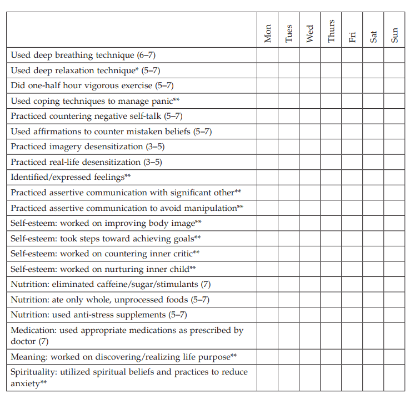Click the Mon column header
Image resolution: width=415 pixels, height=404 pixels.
(268, 33)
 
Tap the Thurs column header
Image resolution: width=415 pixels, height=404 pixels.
(331, 31)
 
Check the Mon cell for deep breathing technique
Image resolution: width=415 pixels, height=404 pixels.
(267, 55)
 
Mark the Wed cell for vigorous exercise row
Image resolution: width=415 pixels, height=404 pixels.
(309, 86)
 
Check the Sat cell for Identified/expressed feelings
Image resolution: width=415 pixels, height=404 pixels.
(373, 178)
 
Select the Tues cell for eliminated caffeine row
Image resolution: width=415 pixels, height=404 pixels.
(288, 285)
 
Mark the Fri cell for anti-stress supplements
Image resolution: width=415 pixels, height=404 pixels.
(352, 315)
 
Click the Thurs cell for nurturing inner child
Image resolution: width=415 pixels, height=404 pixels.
(331, 269)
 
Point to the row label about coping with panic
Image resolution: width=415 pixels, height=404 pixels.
(95, 101)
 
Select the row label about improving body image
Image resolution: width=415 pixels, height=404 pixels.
(106, 223)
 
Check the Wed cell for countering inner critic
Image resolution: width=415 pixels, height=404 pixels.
(309, 254)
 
